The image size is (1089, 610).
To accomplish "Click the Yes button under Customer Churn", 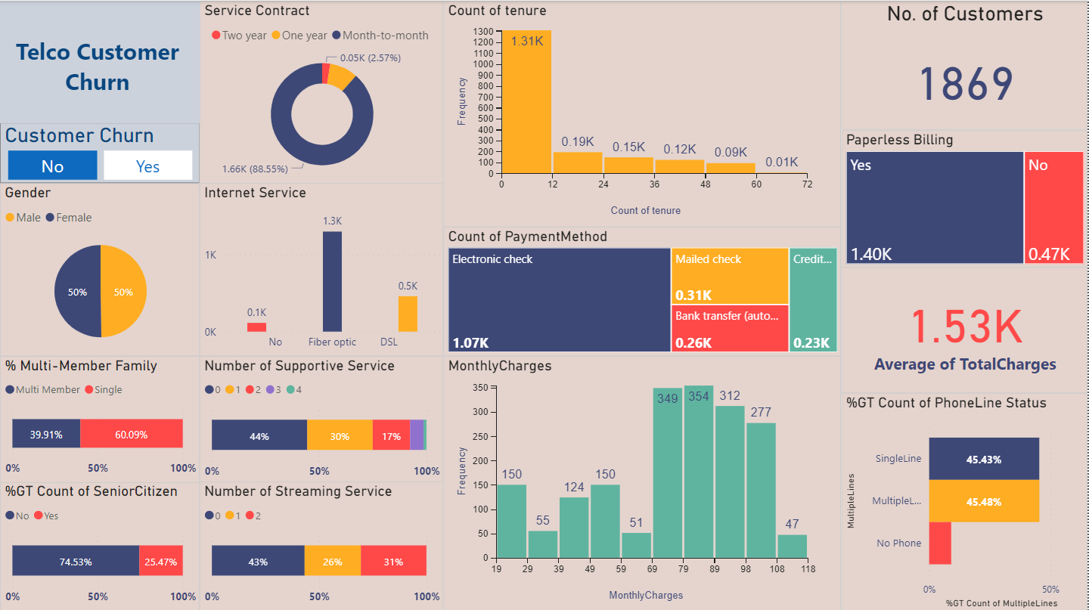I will point(147,166).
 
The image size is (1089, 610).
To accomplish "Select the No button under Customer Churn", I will point(52,166).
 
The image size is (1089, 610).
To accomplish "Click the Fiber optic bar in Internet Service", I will point(332,281).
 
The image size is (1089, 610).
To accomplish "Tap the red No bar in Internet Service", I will point(256,327).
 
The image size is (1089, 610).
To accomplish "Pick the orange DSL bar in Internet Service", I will point(408,314).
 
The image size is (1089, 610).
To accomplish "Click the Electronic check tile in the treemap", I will point(559,299).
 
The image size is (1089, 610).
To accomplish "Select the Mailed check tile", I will point(730,276).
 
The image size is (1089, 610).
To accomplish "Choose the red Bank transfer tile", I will point(730,328).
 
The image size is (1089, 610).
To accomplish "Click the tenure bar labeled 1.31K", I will point(526,102).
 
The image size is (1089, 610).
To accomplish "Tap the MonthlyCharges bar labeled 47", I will point(792,546).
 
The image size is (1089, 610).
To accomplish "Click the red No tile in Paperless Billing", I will point(1054,208).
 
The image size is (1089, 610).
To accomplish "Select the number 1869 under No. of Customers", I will point(965,84).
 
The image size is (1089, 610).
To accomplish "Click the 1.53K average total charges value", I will point(965,327).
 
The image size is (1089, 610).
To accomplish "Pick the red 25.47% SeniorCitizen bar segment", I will point(161,562).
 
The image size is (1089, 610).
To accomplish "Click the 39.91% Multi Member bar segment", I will point(46,434).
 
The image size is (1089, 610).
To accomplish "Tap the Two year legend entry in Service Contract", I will point(239,36).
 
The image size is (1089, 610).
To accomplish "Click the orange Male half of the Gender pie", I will point(123,291).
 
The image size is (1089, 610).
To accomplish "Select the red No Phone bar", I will point(940,543).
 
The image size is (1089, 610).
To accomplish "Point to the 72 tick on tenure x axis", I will point(806,184).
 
